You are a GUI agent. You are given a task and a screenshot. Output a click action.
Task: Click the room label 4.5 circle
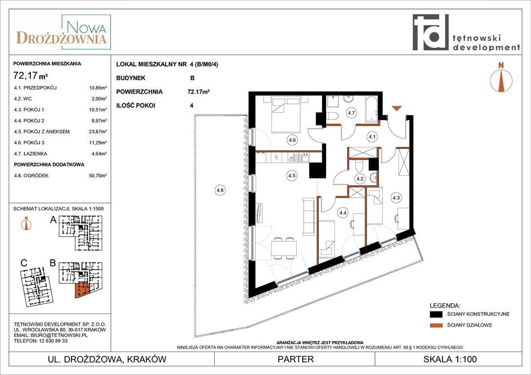tap(291, 175)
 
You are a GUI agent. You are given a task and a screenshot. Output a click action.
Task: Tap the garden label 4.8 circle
tap(220, 190)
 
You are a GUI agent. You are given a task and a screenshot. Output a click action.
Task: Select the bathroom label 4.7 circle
tap(351, 113)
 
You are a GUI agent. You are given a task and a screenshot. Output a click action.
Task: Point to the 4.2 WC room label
tap(360, 179)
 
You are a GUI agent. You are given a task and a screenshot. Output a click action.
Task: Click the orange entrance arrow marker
tap(397, 108)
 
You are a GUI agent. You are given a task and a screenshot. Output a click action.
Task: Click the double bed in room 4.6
tap(286, 114)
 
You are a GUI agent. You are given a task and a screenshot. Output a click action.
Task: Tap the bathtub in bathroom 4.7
tap(371, 109)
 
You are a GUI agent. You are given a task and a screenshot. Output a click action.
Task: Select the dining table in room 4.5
tap(284, 249)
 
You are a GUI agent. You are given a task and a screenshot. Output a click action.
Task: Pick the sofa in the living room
tap(309, 216)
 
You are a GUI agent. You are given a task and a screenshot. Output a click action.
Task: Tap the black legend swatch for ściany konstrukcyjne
tap(436, 314)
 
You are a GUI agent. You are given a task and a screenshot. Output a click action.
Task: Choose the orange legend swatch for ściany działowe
tap(436, 325)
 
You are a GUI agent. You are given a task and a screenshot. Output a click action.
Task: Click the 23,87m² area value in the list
tap(98, 131)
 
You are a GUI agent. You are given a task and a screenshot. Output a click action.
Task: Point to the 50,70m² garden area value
tap(98, 175)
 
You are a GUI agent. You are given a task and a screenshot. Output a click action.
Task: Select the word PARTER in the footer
tap(296, 359)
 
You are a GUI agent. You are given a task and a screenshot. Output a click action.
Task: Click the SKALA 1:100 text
tap(450, 359)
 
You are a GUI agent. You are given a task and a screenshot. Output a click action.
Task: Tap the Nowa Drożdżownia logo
tap(62, 32)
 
